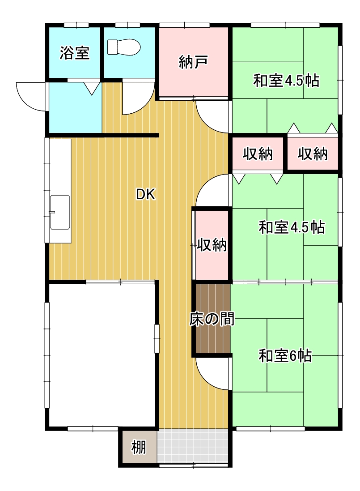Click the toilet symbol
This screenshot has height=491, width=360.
(123, 47)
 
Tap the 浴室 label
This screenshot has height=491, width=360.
(74, 53)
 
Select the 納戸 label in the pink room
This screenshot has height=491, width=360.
(193, 62)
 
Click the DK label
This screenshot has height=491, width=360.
(145, 195)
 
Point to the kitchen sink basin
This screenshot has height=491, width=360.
(60, 212)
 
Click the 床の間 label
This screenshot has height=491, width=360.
(212, 319)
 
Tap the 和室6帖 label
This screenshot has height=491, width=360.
(285, 356)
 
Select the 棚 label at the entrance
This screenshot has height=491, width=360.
(139, 447)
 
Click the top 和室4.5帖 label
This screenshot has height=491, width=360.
(286, 80)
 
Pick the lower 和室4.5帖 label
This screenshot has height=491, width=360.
(292, 227)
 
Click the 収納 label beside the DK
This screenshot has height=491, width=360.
(212, 244)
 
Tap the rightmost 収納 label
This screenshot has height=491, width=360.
(313, 154)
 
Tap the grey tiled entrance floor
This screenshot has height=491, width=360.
(192, 446)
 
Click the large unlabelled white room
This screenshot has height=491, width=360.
(102, 355)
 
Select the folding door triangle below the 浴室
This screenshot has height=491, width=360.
(92, 89)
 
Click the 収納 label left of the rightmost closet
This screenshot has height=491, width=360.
(258, 154)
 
